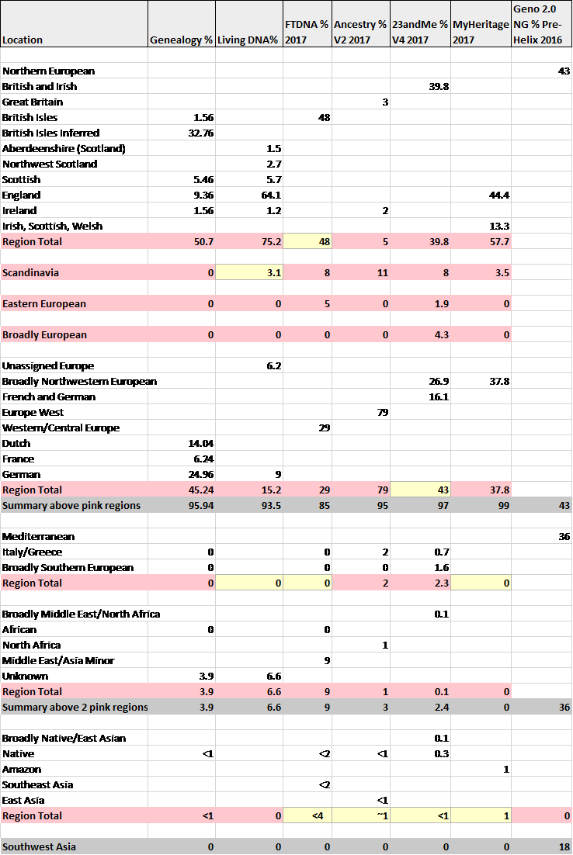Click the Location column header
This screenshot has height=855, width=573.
[x=23, y=40]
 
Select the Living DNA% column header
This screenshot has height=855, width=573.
[x=248, y=40]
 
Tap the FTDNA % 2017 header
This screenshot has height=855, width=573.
[x=307, y=32]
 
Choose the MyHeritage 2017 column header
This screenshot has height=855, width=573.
[x=480, y=32]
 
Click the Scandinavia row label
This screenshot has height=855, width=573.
[x=31, y=273]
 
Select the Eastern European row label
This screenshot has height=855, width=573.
[x=44, y=304]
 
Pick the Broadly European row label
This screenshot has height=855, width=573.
[x=44, y=335]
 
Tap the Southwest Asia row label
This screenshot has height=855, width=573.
[x=39, y=847]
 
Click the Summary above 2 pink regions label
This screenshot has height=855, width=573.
[x=75, y=708]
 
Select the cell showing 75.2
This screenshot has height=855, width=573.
[x=269, y=242]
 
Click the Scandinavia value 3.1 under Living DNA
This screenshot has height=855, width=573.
[x=272, y=273]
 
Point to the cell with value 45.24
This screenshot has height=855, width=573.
[x=199, y=490]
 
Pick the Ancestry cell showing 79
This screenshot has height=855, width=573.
[x=380, y=490]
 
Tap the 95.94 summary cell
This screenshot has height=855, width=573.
[x=199, y=506]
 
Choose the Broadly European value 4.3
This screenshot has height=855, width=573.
[x=439, y=335]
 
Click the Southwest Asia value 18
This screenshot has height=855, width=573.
[x=564, y=847]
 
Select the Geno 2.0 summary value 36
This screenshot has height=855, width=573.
[x=564, y=708]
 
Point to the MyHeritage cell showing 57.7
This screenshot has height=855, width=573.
[x=497, y=242]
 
